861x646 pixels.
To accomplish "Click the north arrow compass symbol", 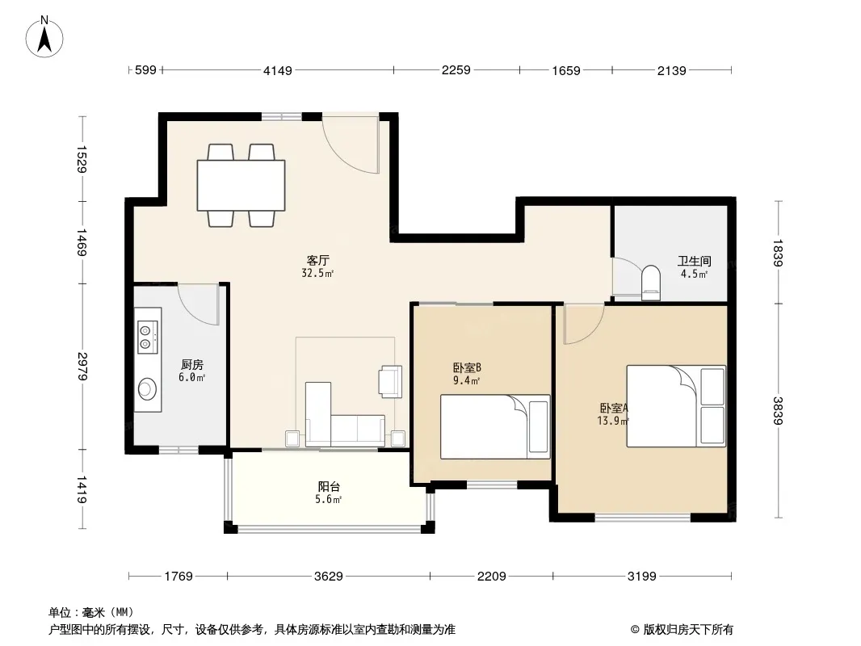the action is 44,37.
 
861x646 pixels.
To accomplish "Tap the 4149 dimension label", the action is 278,70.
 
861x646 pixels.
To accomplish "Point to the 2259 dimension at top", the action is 456,70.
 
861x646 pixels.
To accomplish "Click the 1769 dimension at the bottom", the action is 178,577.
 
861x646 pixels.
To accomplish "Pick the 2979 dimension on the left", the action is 82,366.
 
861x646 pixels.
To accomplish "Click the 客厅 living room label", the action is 318,260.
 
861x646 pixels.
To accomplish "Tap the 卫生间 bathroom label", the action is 694,262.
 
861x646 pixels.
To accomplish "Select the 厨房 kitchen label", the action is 192,364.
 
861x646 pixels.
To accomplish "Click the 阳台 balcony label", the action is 329,486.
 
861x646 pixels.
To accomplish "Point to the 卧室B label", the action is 468,367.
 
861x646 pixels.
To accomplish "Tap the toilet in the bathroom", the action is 651,283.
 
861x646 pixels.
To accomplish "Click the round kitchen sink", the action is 147,388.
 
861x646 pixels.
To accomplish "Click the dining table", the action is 241,185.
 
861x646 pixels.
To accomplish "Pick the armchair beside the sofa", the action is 390,381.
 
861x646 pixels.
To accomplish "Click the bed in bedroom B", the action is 495,426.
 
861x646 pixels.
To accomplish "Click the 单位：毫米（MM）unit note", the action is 91,613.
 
